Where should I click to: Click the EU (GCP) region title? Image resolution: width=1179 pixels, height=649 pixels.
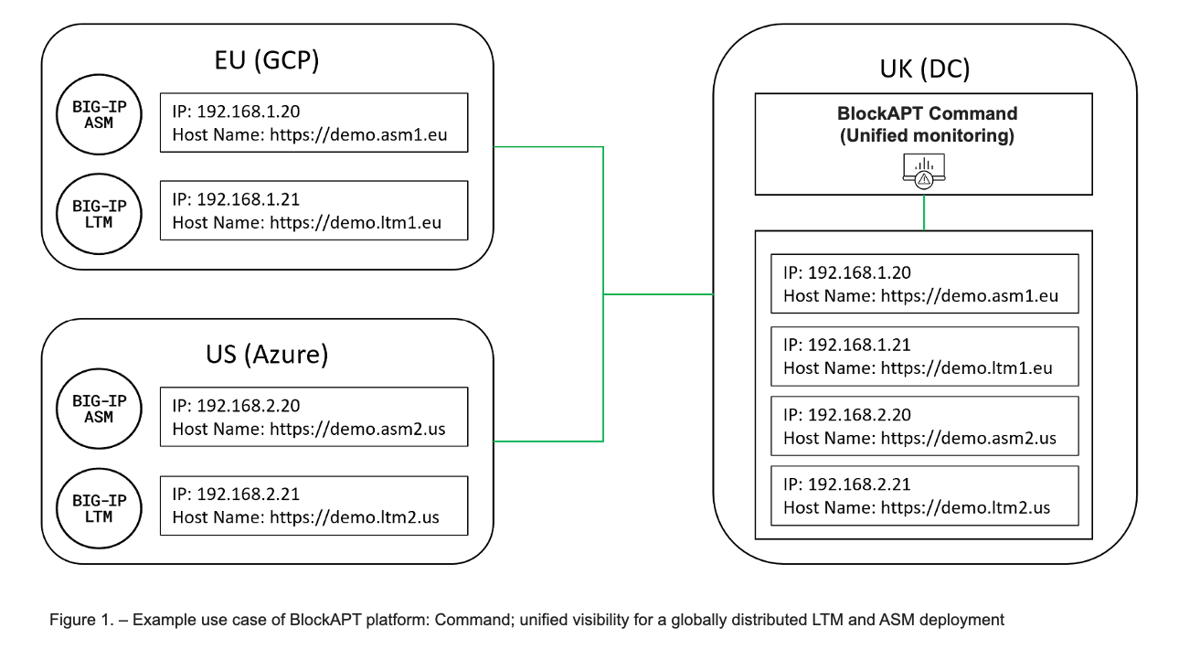(266, 63)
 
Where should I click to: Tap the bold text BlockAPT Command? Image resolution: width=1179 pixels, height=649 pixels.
(927, 114)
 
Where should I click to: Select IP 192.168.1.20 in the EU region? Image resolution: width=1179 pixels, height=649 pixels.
(236, 112)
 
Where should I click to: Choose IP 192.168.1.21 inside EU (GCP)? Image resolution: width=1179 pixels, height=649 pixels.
(236, 199)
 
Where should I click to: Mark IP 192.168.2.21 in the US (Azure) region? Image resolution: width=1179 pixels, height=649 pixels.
(236, 495)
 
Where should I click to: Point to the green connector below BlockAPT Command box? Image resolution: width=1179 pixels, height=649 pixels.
(924, 212)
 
